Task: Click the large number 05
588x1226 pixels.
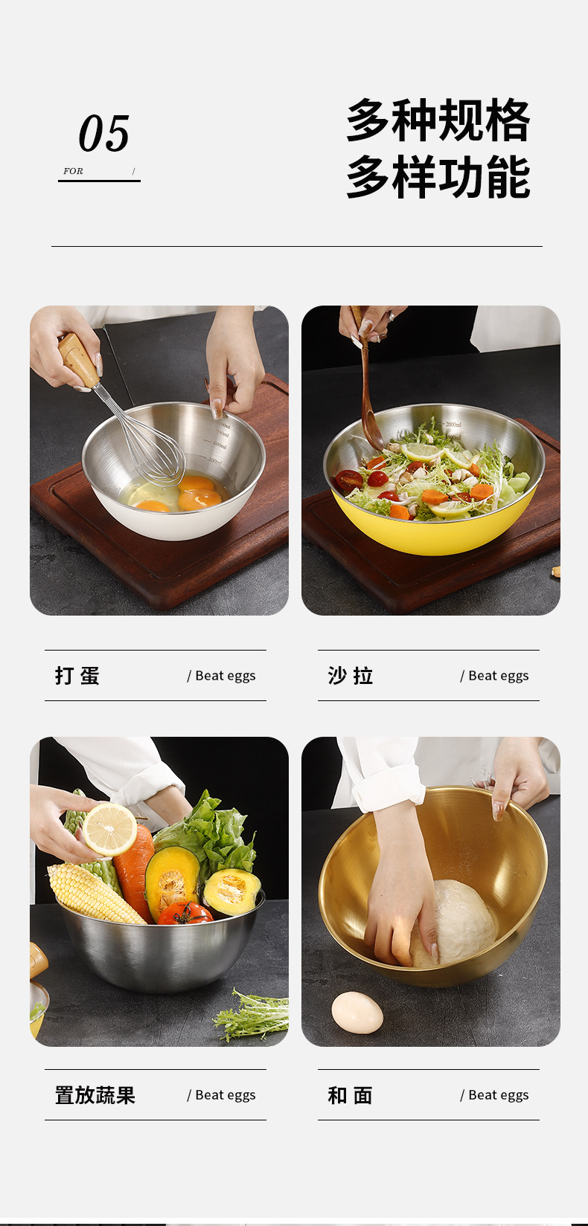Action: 104,134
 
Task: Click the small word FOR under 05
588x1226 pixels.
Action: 73,171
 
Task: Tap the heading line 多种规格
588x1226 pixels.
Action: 438,120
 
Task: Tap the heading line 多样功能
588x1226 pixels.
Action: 438,178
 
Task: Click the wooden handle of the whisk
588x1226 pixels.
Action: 78,360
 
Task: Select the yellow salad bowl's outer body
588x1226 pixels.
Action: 435,535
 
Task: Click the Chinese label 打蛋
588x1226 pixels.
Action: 77,676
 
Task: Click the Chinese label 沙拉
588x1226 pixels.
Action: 351,676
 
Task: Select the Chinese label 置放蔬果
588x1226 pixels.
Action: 95,1095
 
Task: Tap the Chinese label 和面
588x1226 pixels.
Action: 351,1095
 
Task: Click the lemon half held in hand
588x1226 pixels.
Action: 109,828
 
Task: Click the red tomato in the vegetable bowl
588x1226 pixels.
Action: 185,914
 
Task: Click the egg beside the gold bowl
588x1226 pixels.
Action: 357,1013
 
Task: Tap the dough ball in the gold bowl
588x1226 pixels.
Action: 461,922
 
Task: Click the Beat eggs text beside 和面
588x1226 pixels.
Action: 495,1095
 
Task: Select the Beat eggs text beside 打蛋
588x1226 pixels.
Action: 222,676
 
